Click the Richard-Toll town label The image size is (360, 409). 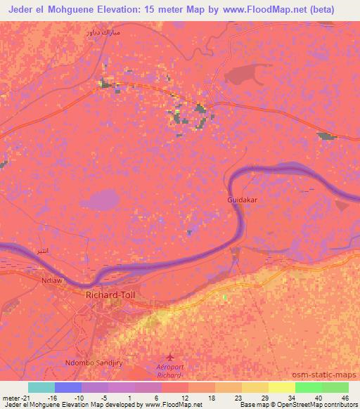[x=109, y=295]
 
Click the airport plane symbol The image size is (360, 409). [x=168, y=358]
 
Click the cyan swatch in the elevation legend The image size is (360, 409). [x=41, y=387]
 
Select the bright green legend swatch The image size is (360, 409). [x=308, y=387]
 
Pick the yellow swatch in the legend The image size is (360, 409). [x=281, y=387]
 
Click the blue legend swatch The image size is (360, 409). [x=68, y=387]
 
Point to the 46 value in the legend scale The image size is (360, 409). [x=345, y=398]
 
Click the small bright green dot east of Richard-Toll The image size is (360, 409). [x=225, y=297]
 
